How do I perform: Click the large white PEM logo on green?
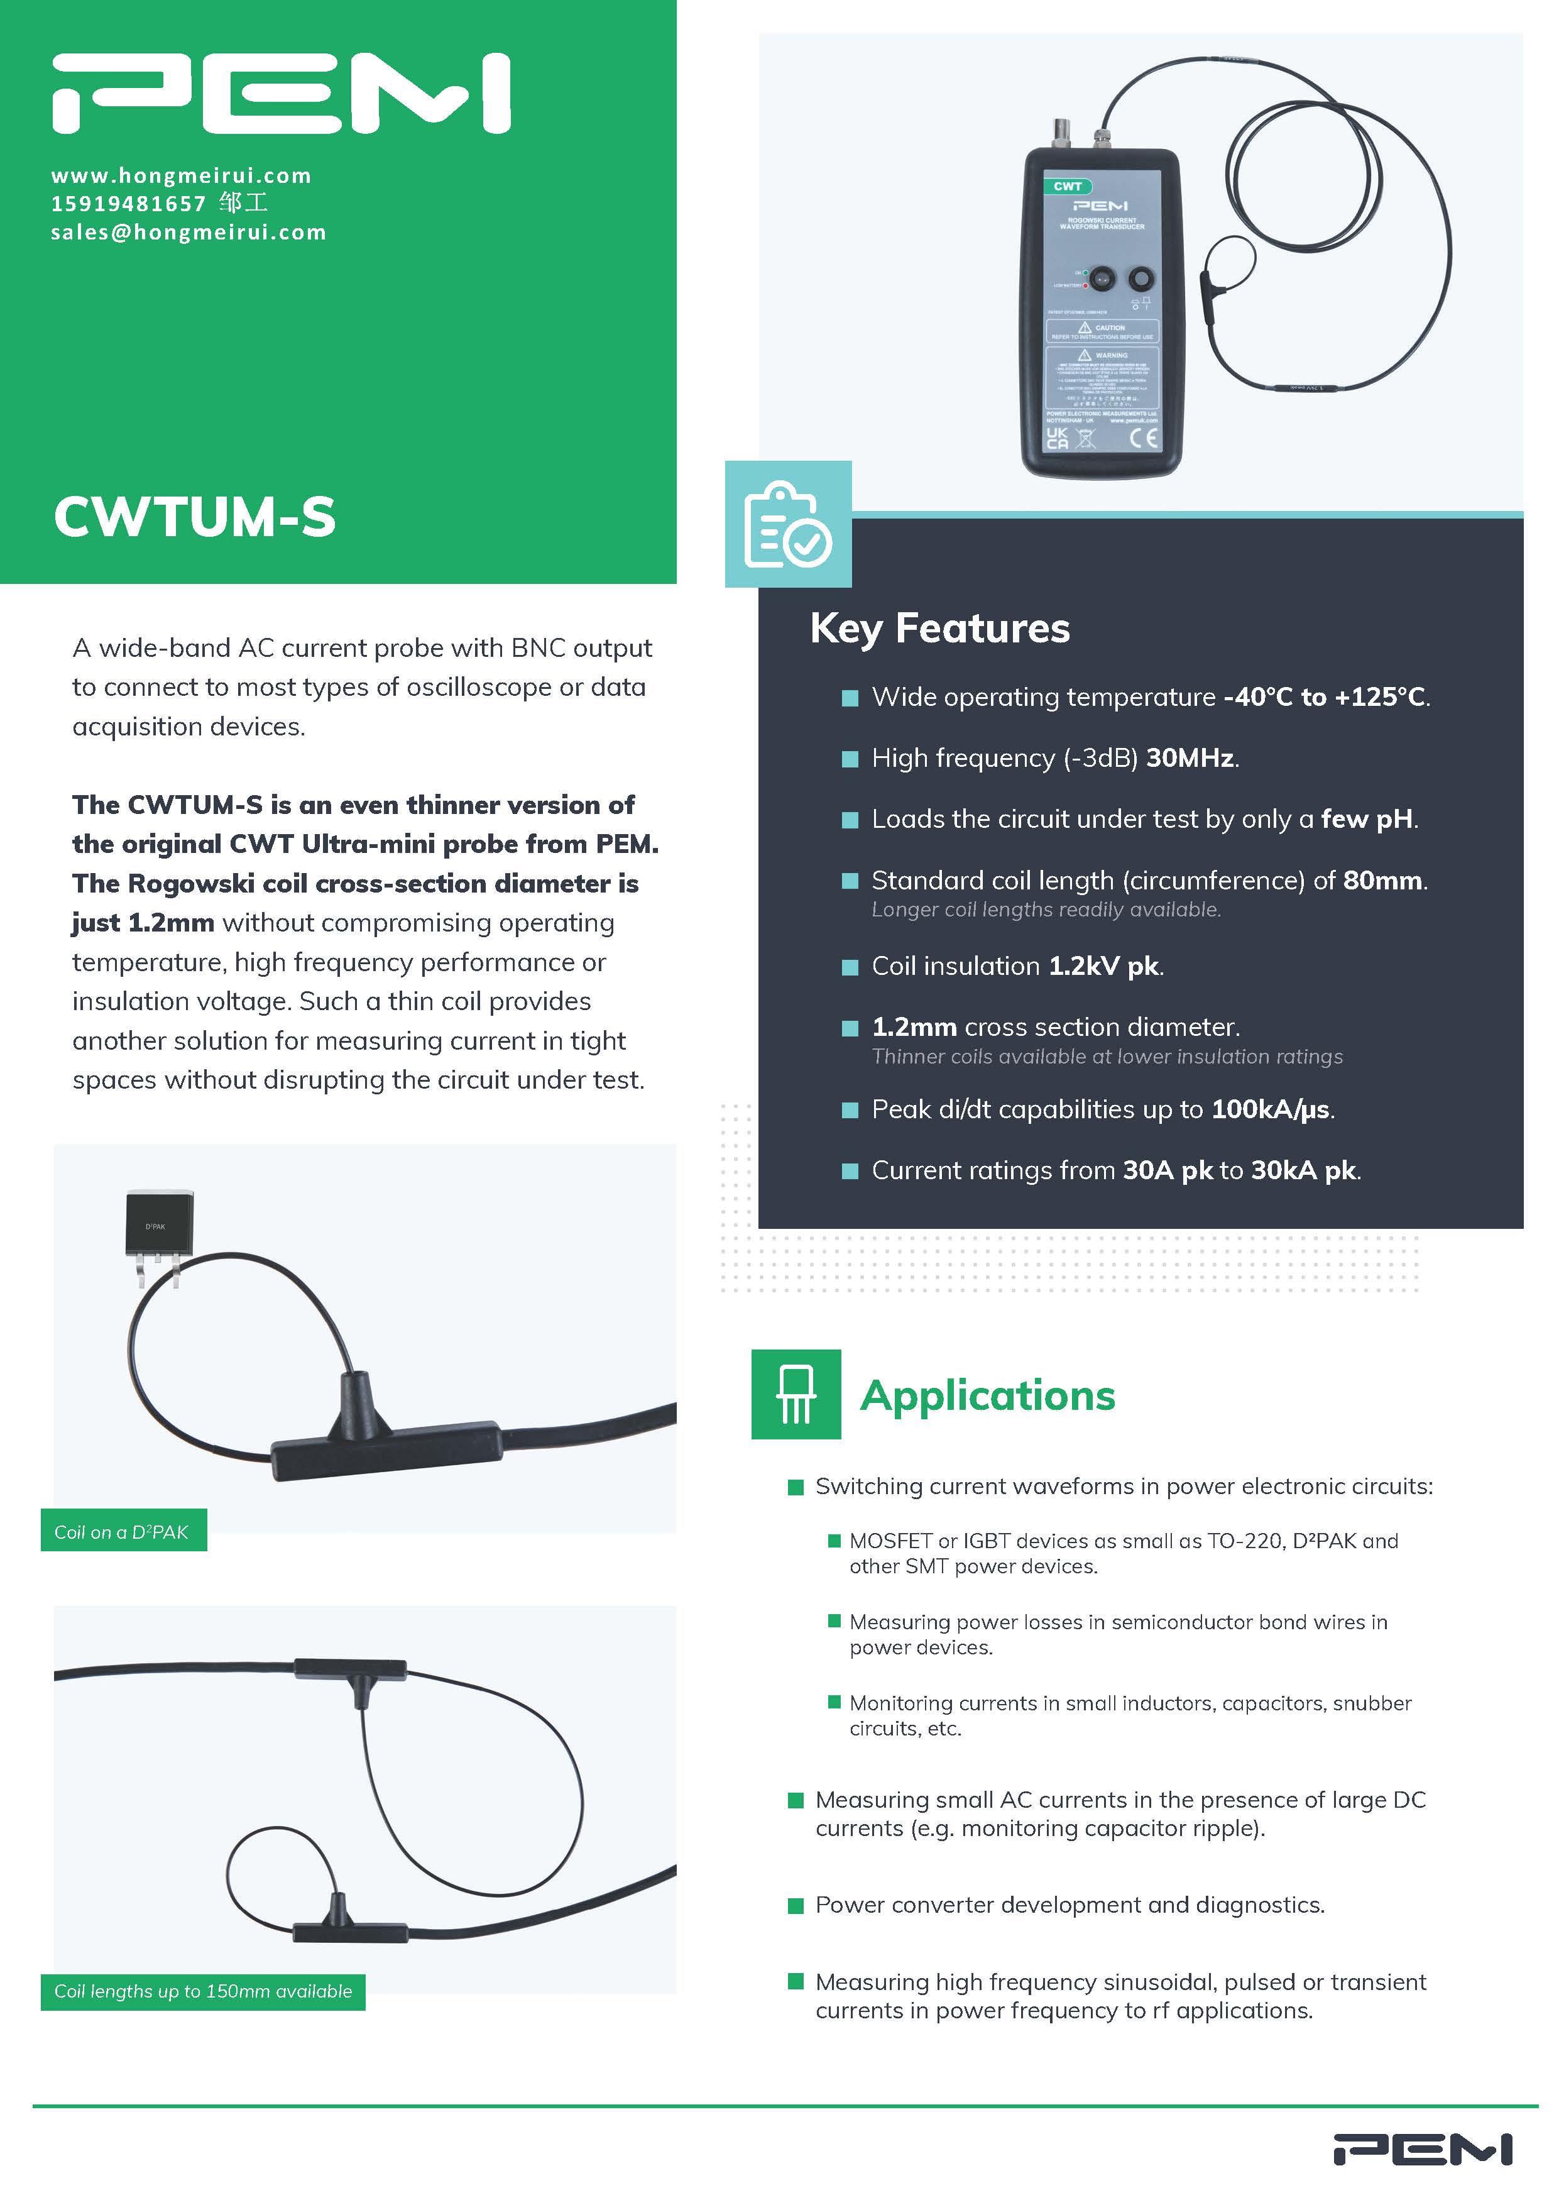click(280, 93)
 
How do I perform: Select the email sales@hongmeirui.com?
click(188, 233)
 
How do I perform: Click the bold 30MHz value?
click(1190, 759)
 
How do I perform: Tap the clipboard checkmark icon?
click(788, 524)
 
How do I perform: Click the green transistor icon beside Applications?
click(796, 1394)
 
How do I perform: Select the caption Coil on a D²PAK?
click(122, 1532)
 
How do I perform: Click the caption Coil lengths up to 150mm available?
click(202, 1992)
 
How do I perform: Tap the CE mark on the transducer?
click(1144, 439)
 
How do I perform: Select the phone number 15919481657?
click(129, 204)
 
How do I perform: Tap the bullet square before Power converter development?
click(795, 1905)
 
